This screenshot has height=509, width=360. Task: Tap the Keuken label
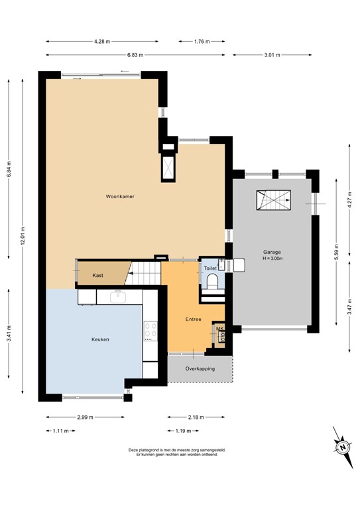click(100, 339)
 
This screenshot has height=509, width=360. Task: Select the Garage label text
click(272, 252)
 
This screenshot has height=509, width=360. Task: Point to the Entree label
click(194, 319)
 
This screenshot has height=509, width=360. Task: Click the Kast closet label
click(97, 275)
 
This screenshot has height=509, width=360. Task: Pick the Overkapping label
click(200, 368)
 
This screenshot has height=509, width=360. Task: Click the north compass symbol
click(343, 447)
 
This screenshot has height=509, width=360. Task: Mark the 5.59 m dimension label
click(337, 254)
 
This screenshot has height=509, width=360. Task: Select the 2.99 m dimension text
click(84, 418)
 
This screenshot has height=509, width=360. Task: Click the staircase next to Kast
click(145, 271)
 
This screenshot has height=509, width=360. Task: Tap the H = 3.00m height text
click(272, 259)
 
